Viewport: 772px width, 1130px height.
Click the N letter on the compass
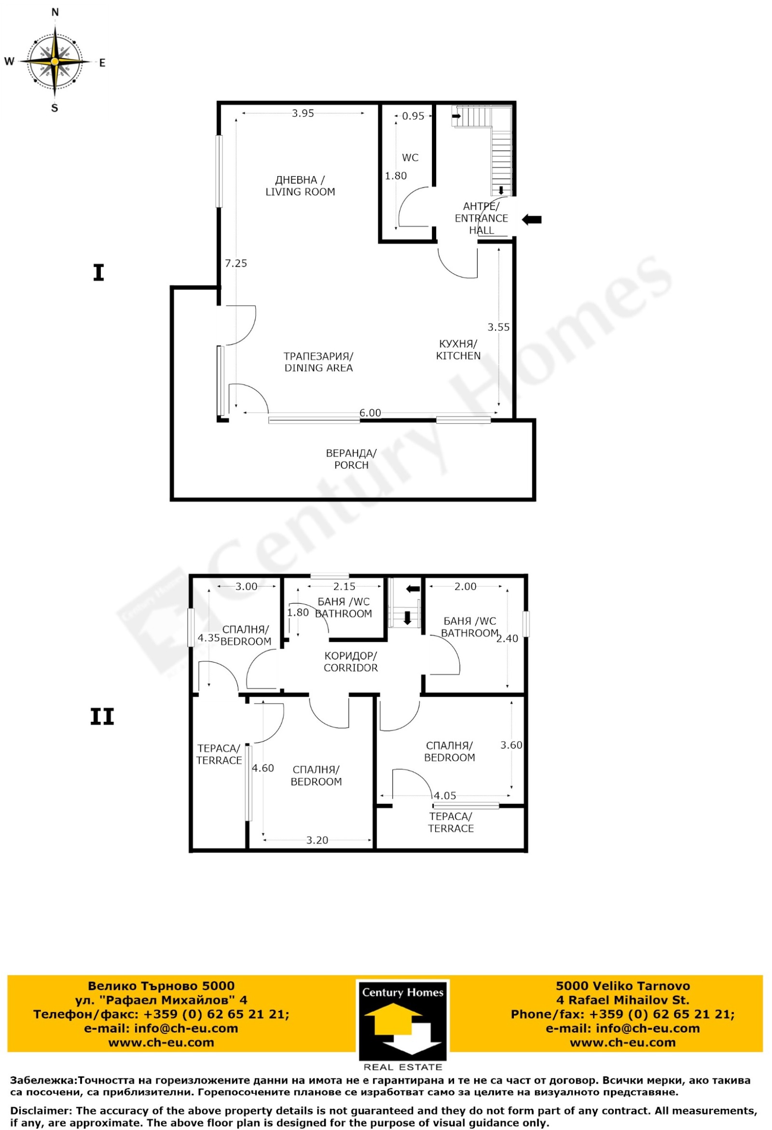point(55,13)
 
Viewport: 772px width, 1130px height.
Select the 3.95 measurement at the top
point(303,113)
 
